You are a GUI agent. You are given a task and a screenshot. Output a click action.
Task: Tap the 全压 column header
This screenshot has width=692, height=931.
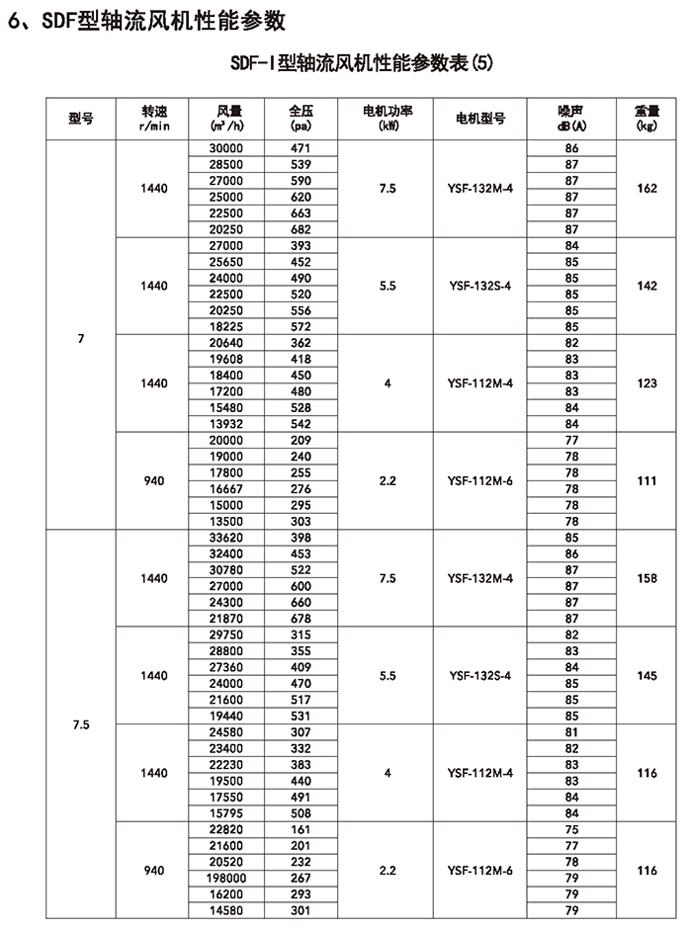tap(301, 119)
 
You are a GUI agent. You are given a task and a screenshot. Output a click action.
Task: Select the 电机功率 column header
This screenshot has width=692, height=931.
tap(388, 119)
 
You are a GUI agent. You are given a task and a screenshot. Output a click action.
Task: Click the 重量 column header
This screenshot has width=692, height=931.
tap(648, 119)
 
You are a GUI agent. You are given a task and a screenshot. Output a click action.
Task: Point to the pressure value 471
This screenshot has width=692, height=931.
tap(301, 147)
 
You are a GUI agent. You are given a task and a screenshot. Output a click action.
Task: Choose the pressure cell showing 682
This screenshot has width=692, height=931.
tap(301, 228)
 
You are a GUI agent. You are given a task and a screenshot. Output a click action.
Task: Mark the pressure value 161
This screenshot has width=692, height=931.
tap(301, 829)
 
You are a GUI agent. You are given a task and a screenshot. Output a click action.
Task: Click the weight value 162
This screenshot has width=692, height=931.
tap(648, 188)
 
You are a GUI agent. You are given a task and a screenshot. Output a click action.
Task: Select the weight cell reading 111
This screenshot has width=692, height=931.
tap(648, 480)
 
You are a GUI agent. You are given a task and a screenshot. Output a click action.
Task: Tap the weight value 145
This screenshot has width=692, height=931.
tap(648, 675)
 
